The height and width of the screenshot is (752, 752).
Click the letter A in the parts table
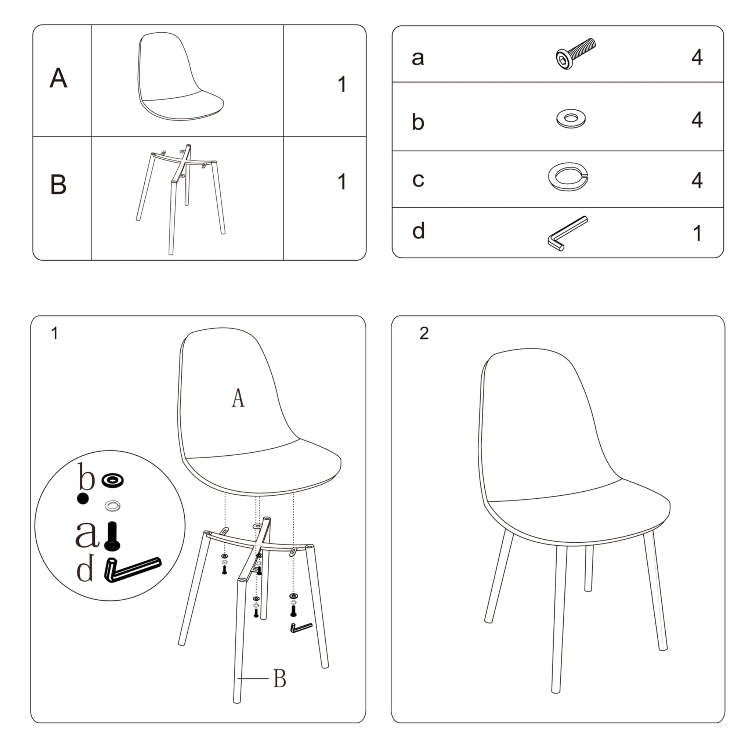pos(58,78)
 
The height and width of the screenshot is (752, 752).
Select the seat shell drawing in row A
pos(181,76)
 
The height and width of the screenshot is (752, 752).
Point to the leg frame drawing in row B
pos(181,199)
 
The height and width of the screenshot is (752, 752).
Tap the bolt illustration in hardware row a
pos(575,54)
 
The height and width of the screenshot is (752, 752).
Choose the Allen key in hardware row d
pos(568,234)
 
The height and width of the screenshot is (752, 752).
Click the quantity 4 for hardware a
pos(697,57)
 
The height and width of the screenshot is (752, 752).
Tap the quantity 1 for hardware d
pos(698,233)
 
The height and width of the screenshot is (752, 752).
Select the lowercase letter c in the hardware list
pos(418,180)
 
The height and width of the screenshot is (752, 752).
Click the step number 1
pos(54,333)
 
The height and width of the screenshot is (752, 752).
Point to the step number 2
pos(424,333)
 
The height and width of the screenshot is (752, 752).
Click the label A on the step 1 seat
pos(238,398)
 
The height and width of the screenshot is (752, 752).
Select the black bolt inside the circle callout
pos(112,536)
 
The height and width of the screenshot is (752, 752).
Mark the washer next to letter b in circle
pos(112,480)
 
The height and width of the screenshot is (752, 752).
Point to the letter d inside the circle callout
pos(85,568)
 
